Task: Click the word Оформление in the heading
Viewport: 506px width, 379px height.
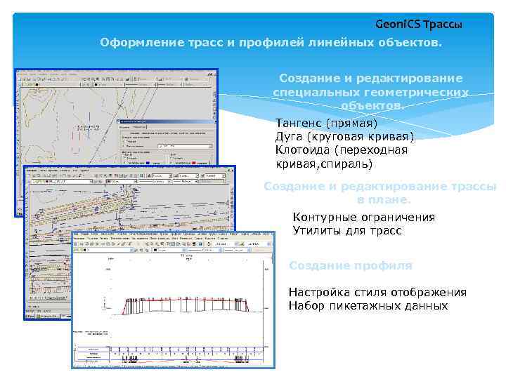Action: click(x=134, y=44)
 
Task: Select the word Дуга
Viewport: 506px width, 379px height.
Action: click(x=290, y=136)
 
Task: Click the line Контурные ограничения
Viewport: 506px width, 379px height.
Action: click(x=363, y=217)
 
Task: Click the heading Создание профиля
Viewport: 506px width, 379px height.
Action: click(x=351, y=265)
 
